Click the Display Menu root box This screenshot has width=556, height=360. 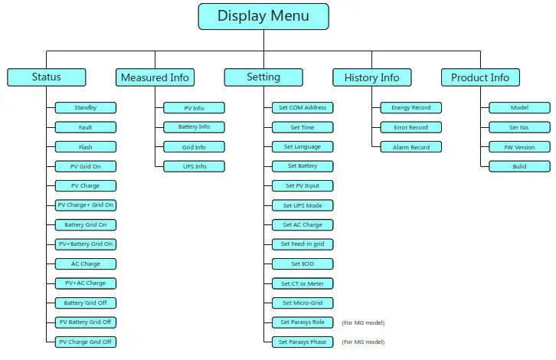tap(263, 16)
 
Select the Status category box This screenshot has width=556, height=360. tap(46, 77)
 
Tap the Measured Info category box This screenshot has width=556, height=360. tap(155, 77)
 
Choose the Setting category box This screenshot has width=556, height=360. tap(263, 77)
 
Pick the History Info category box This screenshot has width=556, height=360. tap(371, 77)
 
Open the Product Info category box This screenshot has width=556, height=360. tap(480, 77)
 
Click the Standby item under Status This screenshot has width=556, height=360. tap(86, 108)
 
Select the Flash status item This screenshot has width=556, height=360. tap(86, 147)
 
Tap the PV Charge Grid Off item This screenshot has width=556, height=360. tap(86, 342)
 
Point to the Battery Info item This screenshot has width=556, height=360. tap(194, 127)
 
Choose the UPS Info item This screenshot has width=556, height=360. tap(194, 166)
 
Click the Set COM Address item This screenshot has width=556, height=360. tap(303, 108)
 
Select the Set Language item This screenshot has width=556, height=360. tap(303, 147)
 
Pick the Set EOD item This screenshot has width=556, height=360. tap(303, 263)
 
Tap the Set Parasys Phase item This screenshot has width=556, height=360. tap(303, 342)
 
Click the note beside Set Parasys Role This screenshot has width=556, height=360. tap(363, 322)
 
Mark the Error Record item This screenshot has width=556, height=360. tap(410, 127)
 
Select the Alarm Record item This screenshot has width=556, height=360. tap(410, 147)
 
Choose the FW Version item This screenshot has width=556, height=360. tap(519, 147)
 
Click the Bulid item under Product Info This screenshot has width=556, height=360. tap(519, 166)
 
